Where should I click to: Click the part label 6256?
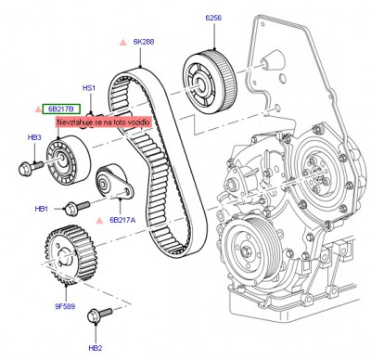coord(213,18)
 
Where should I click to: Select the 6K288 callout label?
coord(144,42)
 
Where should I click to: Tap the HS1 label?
coord(89,88)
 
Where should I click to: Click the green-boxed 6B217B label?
coord(61,109)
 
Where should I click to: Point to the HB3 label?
coord(34,137)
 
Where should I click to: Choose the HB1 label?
coord(42,209)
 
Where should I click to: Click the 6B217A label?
coord(122,220)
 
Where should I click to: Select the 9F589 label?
coord(65,306)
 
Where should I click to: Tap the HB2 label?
coord(96,348)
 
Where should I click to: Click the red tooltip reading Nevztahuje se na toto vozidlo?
coord(104,122)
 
